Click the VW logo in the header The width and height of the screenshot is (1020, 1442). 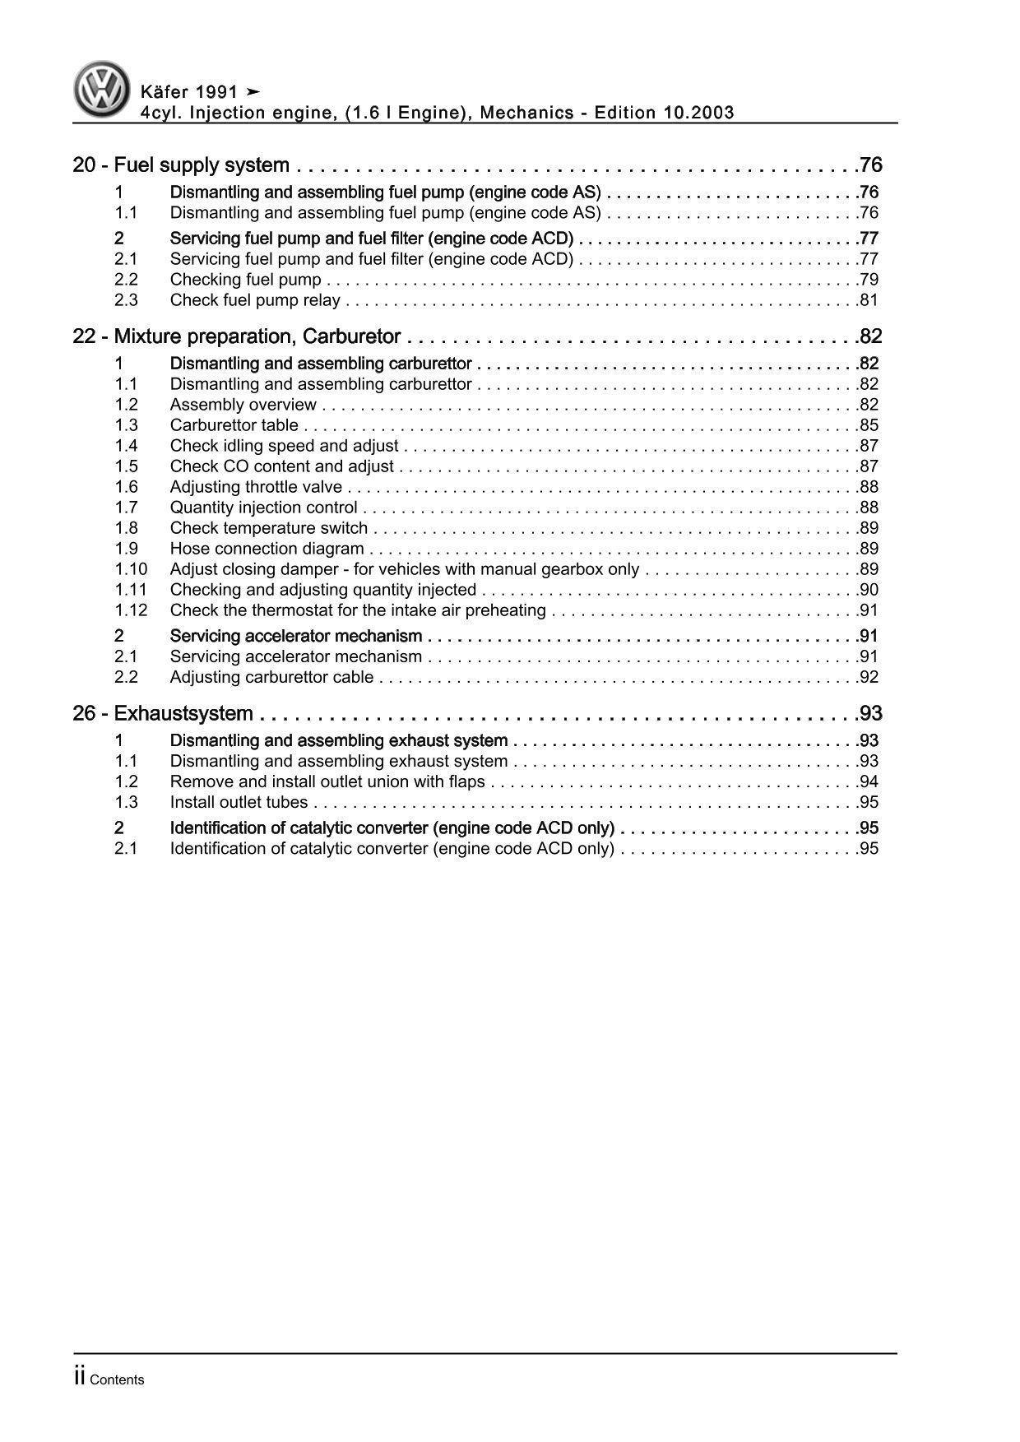coord(102,90)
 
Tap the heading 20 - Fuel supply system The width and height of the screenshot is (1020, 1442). coord(181,165)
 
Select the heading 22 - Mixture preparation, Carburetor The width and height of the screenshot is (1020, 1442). coord(237,336)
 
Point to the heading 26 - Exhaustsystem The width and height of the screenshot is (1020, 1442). coord(163,713)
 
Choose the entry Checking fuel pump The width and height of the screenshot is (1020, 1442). coord(245,280)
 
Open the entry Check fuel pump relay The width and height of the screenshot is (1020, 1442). coord(255,300)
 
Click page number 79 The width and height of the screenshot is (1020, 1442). coord(868,280)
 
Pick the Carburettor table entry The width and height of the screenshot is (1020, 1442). coord(234,425)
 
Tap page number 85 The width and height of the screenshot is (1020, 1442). coord(868,425)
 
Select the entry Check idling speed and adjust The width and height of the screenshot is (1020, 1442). coord(284,446)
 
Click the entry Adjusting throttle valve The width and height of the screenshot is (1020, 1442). coord(256,487)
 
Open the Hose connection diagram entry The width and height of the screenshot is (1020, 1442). coord(267,549)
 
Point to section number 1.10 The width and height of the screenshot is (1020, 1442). coord(131,569)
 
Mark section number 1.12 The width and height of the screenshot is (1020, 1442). coord(131,610)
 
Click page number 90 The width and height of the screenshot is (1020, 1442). coord(868,590)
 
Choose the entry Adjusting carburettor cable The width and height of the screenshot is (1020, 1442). coord(271,677)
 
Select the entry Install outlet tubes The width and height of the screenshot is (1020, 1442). coord(239,802)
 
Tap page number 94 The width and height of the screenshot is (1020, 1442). coord(868,781)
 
